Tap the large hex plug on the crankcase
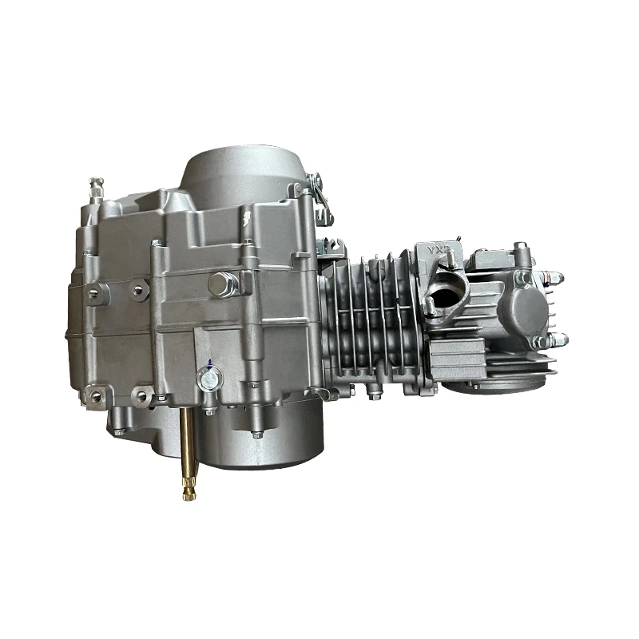click(x=224, y=282)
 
